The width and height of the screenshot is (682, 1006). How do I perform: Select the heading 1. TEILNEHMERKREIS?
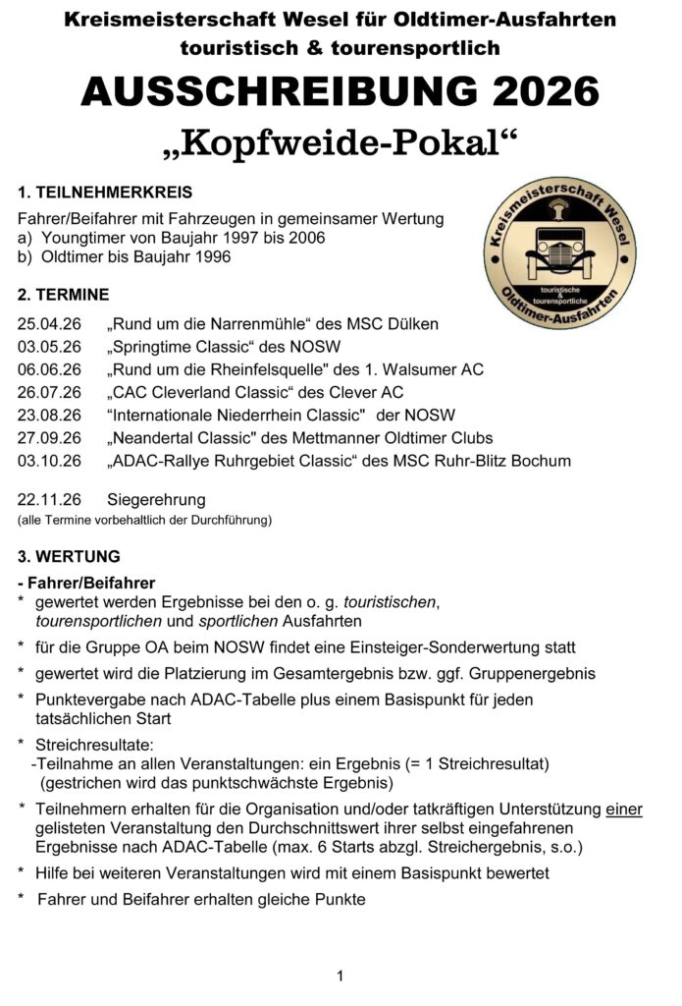tap(105, 193)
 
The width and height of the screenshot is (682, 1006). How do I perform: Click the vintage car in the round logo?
tap(558, 249)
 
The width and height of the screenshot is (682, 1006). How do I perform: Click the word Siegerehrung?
tap(157, 499)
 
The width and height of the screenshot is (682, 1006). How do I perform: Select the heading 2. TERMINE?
tap(64, 294)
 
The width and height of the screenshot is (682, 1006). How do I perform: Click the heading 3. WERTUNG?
tap(69, 556)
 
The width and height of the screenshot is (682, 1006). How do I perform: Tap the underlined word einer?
tap(623, 810)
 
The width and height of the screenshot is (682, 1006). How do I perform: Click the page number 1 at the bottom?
tap(340, 976)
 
